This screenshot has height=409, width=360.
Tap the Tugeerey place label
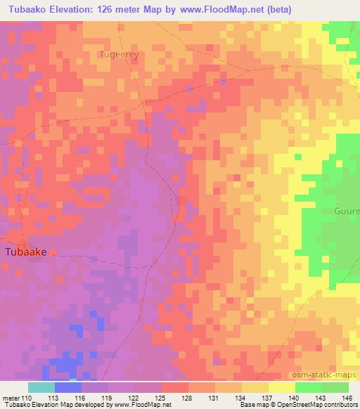[119, 53]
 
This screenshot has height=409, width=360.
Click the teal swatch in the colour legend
[41, 387]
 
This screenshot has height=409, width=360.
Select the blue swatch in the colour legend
[68, 387]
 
